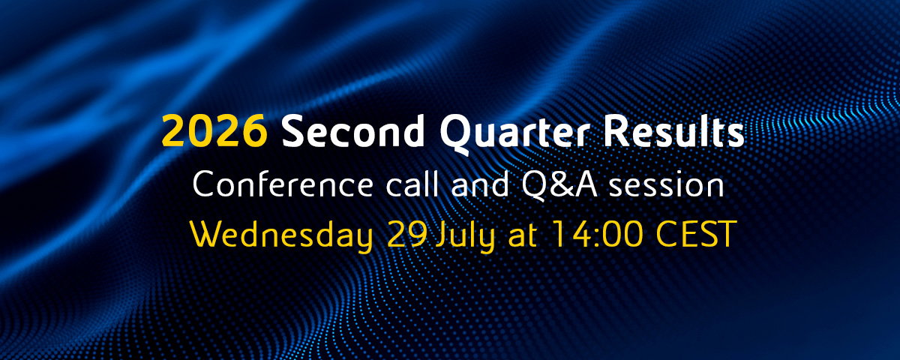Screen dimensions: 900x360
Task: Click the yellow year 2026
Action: click(x=214, y=130)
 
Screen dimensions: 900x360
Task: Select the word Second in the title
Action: click(x=353, y=130)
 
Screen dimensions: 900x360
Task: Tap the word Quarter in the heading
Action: click(x=515, y=133)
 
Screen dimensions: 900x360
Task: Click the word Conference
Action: click(x=283, y=184)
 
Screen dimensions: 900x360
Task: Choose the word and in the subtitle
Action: click(x=480, y=184)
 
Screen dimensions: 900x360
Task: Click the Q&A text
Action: click(x=560, y=184)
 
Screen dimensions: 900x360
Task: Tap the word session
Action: click(x=667, y=186)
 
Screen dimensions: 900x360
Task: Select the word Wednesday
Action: click(x=282, y=235)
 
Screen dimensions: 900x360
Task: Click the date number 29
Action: click(x=406, y=234)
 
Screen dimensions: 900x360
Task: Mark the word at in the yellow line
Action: click(x=522, y=235)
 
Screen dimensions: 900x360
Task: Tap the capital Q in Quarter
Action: click(x=457, y=133)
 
